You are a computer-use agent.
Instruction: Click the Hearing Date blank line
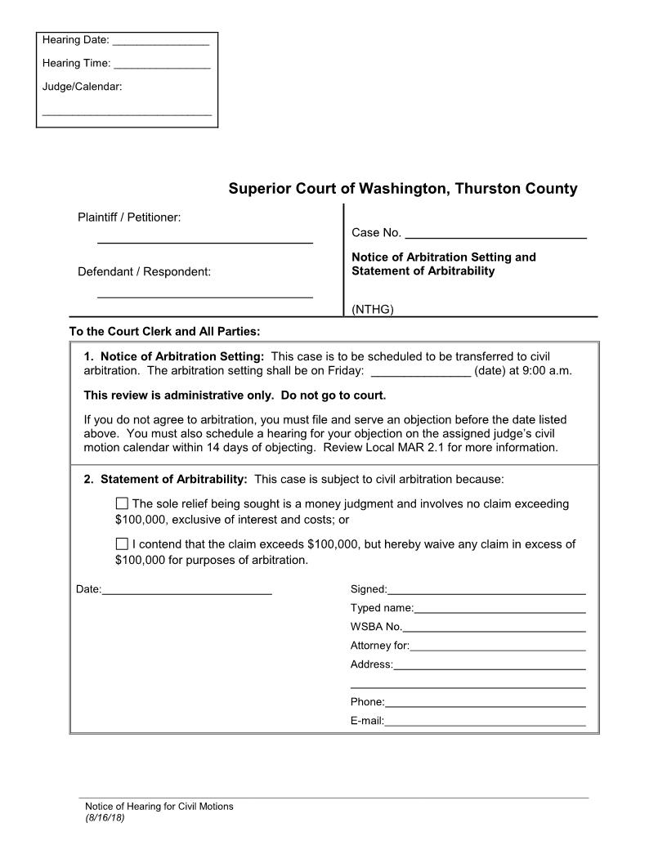point(160,42)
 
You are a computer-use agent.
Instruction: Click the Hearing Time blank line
point(162,65)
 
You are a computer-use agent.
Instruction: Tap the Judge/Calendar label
point(82,86)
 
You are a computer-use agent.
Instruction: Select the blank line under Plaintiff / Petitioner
point(204,242)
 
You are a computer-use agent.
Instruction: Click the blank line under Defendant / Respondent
point(204,296)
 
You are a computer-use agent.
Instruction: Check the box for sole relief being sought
point(123,503)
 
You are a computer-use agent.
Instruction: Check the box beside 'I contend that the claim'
point(123,543)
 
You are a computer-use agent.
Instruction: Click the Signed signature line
point(486,591)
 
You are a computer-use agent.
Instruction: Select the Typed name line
point(499,610)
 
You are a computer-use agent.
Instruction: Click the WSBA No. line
point(494,629)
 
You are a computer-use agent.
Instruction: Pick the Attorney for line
point(497,648)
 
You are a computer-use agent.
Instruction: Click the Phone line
point(485,704)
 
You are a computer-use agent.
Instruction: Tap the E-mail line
point(485,722)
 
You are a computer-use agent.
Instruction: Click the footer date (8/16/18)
point(105,817)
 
